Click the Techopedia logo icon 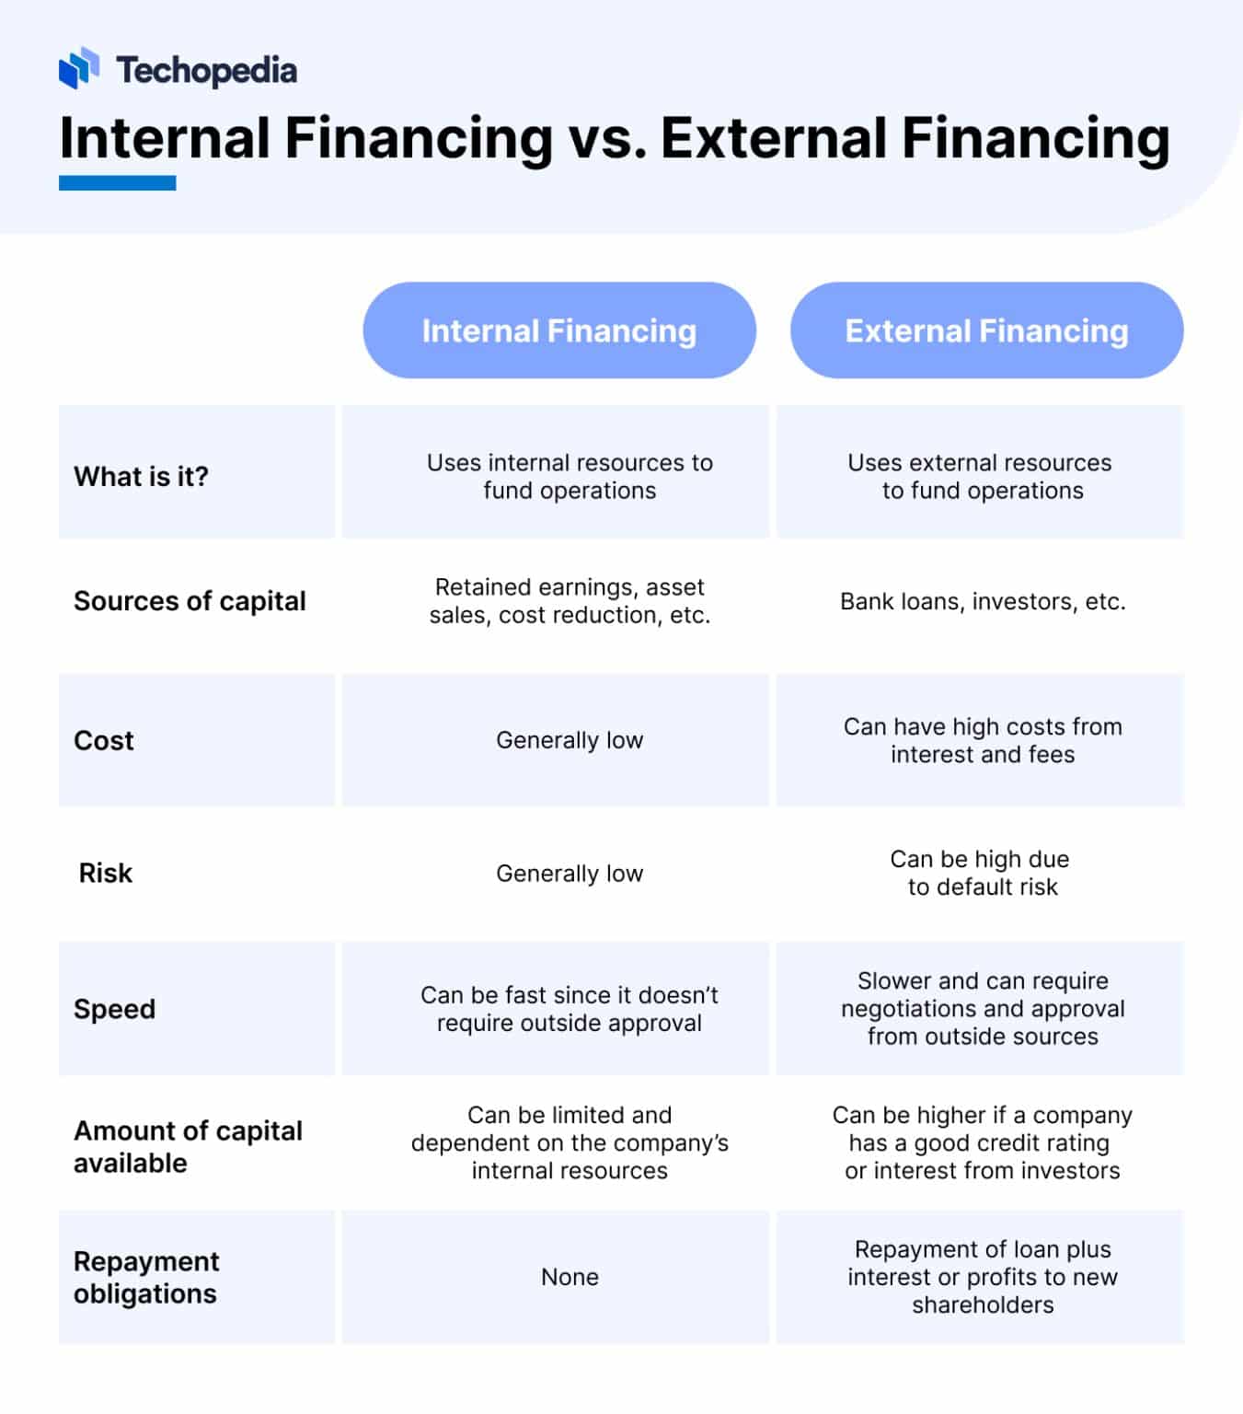tap(78, 68)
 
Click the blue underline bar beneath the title tap(117, 183)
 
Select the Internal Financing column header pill tap(558, 330)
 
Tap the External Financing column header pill tap(986, 330)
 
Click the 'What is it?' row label tap(142, 476)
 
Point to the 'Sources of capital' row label tap(190, 601)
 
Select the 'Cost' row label tap(104, 740)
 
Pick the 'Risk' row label tap(106, 873)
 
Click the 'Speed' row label tap(115, 1009)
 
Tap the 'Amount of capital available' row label tap(188, 1146)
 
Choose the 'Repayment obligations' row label tap(146, 1277)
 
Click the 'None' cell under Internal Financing tap(570, 1277)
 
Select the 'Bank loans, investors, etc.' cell tap(983, 601)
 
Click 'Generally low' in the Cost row tap(570, 740)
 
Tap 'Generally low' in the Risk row tap(570, 873)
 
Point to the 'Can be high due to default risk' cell tap(981, 873)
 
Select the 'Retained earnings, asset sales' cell tap(570, 601)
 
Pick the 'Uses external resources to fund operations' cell tap(981, 476)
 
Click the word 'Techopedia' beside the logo tap(206, 70)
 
